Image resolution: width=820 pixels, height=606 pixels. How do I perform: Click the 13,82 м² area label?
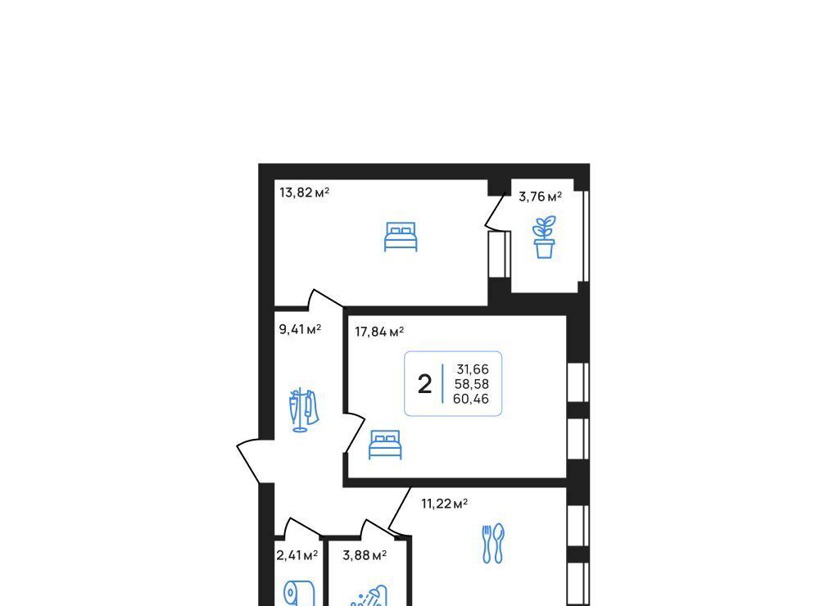305,192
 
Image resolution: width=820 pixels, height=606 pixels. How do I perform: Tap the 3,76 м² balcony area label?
540,197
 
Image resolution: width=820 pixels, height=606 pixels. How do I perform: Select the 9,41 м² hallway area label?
300,329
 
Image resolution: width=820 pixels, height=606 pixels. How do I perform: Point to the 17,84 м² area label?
379,332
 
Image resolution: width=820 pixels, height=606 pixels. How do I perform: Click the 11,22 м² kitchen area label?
445,504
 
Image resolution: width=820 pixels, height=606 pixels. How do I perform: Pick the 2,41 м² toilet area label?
297,554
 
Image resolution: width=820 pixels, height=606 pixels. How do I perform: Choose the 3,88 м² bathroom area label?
365,554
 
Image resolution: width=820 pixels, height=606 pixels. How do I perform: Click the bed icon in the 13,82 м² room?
401,237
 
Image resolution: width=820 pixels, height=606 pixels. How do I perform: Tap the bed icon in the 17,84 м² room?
385,445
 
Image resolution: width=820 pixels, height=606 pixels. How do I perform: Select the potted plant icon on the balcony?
544,237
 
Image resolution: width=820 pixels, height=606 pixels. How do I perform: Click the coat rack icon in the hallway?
303,410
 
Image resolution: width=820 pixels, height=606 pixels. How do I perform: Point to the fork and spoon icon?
492,544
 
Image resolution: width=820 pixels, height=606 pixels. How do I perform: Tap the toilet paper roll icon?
299,594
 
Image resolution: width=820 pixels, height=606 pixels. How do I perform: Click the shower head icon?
369,596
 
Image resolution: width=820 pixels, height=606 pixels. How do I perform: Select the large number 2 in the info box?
424,384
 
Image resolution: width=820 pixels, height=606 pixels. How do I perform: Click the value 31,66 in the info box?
472,369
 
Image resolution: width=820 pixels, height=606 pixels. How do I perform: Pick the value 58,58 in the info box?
471,384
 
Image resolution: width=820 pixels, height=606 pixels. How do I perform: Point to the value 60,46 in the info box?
471,399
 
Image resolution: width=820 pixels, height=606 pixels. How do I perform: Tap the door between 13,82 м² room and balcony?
496,212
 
